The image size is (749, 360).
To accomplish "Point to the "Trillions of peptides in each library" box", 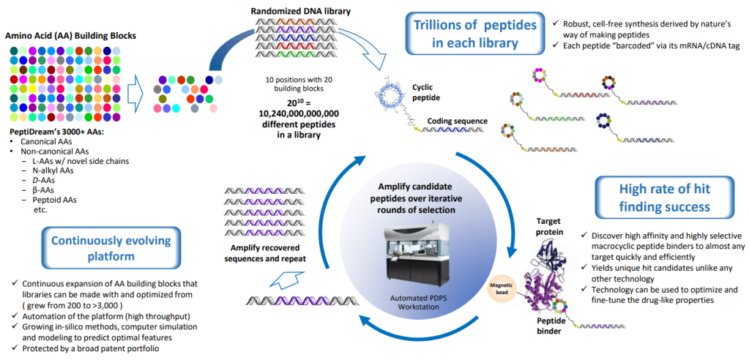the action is coord(475,33).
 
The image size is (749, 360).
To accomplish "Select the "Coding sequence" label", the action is coord(457,121).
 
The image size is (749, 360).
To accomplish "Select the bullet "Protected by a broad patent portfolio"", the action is coord(95,348).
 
